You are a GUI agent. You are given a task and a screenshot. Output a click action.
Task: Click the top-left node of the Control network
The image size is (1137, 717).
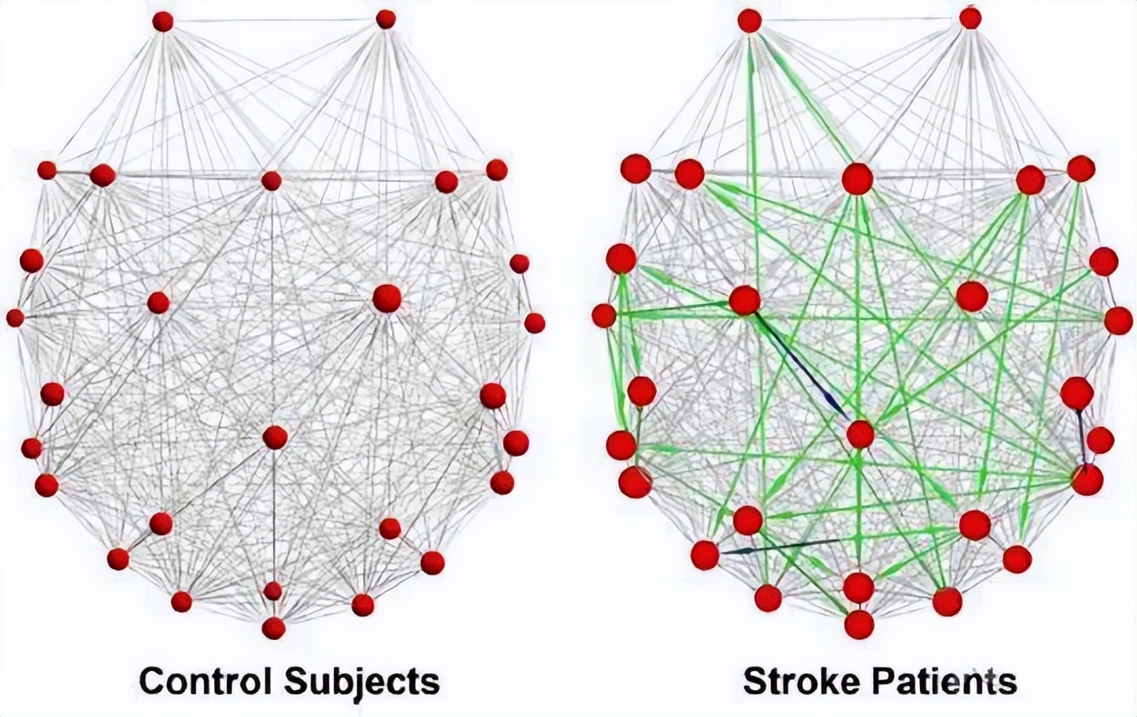point(162,22)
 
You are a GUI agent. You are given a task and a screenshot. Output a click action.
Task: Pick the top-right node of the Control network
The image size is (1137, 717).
point(386,18)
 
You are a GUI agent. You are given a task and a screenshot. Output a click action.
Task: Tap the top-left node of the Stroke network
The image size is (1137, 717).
point(749,20)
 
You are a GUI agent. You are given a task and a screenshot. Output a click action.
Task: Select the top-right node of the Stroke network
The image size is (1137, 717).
point(970,17)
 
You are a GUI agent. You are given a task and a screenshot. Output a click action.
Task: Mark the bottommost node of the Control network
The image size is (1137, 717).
point(274,628)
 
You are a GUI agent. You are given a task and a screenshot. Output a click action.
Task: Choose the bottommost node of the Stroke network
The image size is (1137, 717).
point(859,624)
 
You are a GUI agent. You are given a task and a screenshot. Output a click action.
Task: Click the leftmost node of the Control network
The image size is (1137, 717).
point(15,317)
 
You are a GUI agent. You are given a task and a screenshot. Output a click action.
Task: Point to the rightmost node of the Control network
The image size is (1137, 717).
point(534,322)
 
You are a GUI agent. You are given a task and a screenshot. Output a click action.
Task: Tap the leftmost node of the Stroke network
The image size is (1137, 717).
point(604,316)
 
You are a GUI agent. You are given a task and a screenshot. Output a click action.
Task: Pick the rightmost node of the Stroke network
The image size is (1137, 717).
point(1118,321)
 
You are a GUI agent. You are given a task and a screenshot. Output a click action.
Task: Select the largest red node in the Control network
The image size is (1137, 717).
point(386,298)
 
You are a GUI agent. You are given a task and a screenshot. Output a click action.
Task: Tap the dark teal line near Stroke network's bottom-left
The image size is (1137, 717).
point(779,546)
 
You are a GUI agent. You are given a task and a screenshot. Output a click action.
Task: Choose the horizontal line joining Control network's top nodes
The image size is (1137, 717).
point(274,19)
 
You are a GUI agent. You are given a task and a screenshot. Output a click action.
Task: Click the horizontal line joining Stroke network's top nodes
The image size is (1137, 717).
point(860,18)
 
